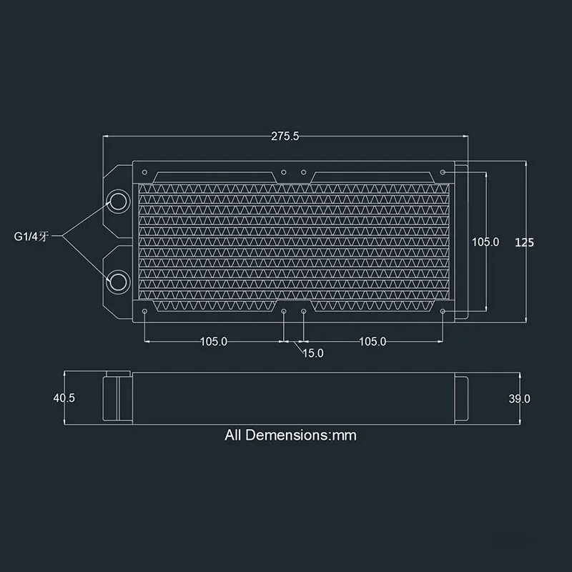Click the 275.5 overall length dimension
point(285,136)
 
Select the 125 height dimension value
point(524,242)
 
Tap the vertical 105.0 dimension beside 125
point(485,242)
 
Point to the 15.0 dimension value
point(313,353)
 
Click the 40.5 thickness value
point(64,398)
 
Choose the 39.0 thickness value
point(519,399)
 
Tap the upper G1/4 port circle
point(117,202)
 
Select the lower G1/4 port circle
point(117,280)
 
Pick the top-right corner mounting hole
point(443,172)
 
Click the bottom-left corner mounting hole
point(146,312)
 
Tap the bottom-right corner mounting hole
point(443,312)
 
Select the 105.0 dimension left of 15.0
point(213,342)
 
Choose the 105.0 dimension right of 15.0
point(373,342)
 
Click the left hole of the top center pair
point(284,172)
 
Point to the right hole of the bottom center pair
point(305,312)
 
